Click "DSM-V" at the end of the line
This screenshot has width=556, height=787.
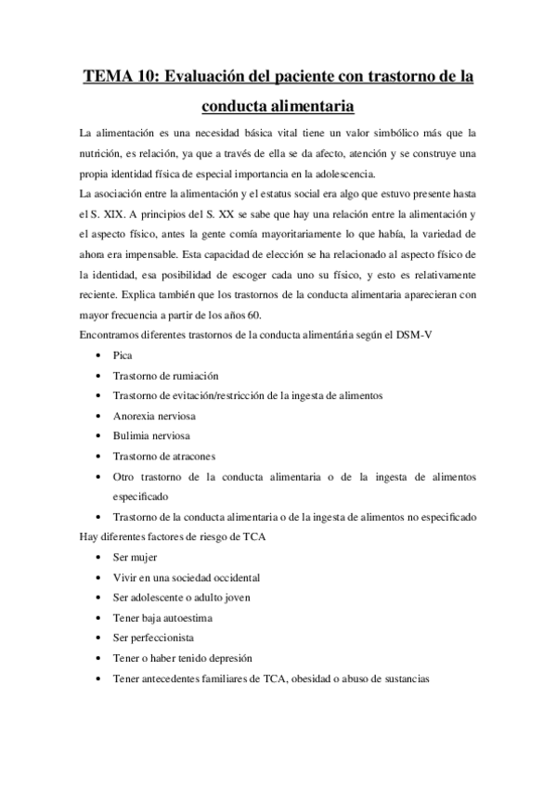coord(414,335)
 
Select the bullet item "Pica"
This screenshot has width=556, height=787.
coord(122,355)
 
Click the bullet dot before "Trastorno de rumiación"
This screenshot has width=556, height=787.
coord(98,376)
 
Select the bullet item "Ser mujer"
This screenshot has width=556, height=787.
coord(135,557)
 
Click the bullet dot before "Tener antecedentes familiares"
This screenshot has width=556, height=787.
coord(98,678)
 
